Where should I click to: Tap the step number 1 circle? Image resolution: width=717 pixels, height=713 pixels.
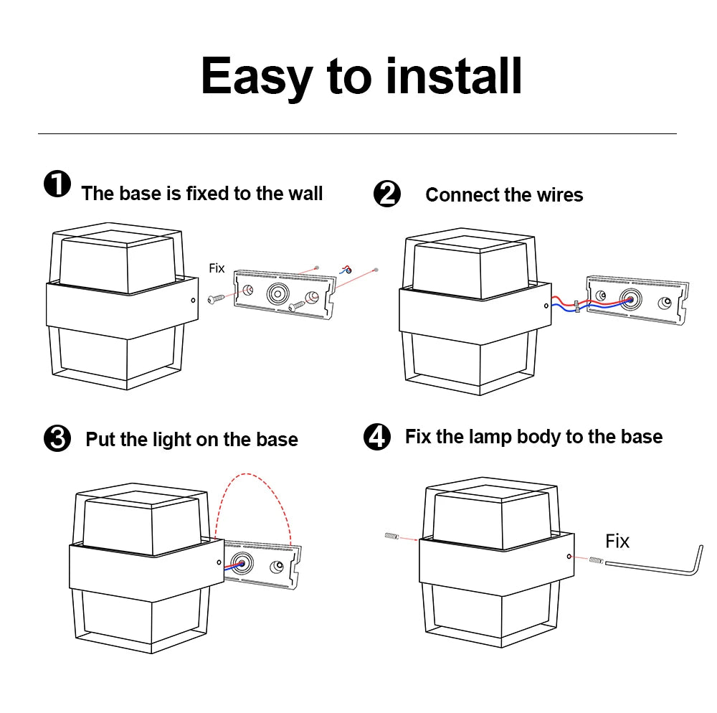(57, 184)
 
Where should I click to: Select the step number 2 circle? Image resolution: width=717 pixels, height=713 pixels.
(387, 194)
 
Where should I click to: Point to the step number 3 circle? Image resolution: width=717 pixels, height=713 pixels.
(57, 438)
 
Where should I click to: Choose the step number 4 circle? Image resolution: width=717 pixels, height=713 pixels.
(377, 436)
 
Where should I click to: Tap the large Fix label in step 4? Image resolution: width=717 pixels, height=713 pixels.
(617, 541)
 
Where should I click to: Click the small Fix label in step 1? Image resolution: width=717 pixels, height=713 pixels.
(217, 268)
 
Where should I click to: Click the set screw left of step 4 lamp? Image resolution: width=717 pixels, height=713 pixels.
(391, 536)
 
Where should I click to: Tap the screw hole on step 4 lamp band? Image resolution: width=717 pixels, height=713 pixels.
(569, 556)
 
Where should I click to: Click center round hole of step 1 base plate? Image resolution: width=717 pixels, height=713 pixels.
(277, 293)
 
